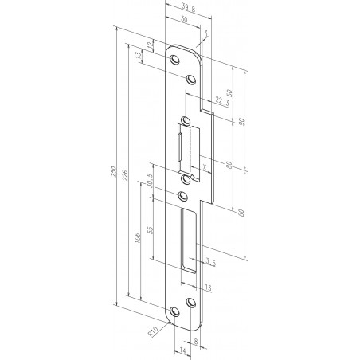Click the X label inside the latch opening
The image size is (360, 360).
(x=205, y=166)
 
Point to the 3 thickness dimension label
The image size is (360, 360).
(x=205, y=34)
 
